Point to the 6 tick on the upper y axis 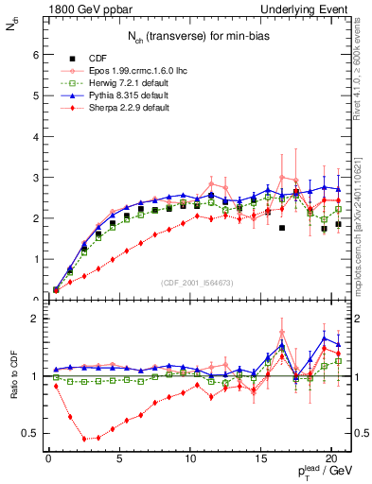point(35,55)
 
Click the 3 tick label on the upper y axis point(35,178)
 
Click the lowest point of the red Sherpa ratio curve point(84,439)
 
